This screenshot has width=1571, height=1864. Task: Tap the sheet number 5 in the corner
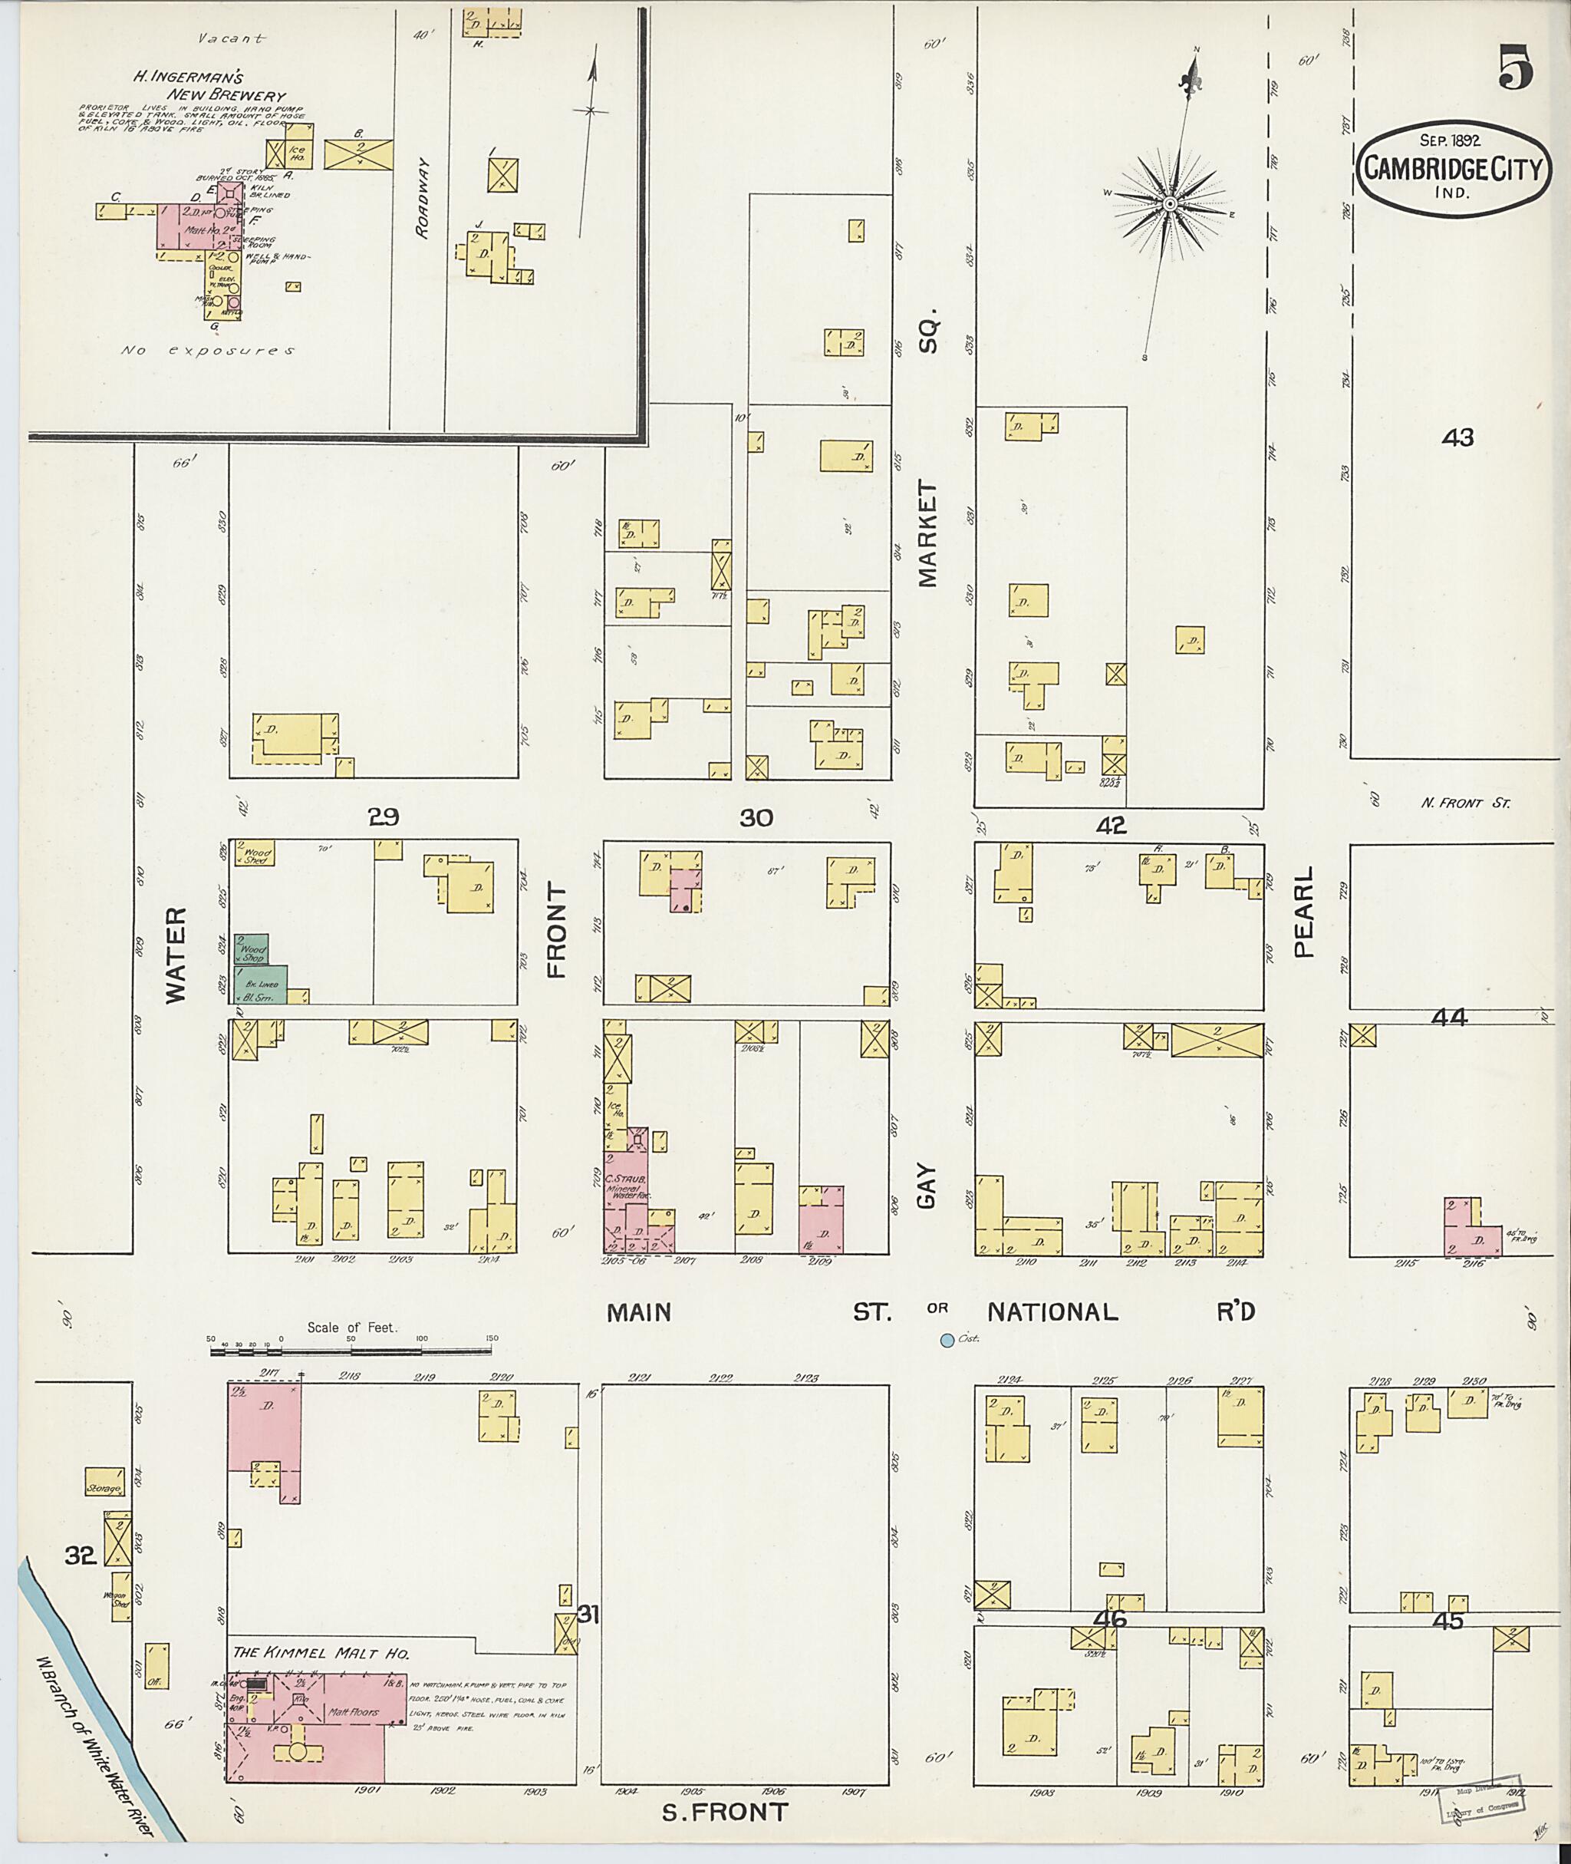1515,68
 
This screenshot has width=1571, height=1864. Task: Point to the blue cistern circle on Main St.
947,1339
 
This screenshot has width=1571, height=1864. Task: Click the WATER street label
177,955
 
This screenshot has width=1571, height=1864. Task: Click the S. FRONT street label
725,1813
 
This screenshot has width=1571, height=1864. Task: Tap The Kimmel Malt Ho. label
321,1654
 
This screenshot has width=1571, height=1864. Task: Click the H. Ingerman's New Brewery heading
209,87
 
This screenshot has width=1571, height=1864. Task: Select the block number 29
384,817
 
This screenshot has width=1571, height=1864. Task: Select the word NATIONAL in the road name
1051,1311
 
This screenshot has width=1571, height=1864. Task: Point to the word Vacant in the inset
232,38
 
